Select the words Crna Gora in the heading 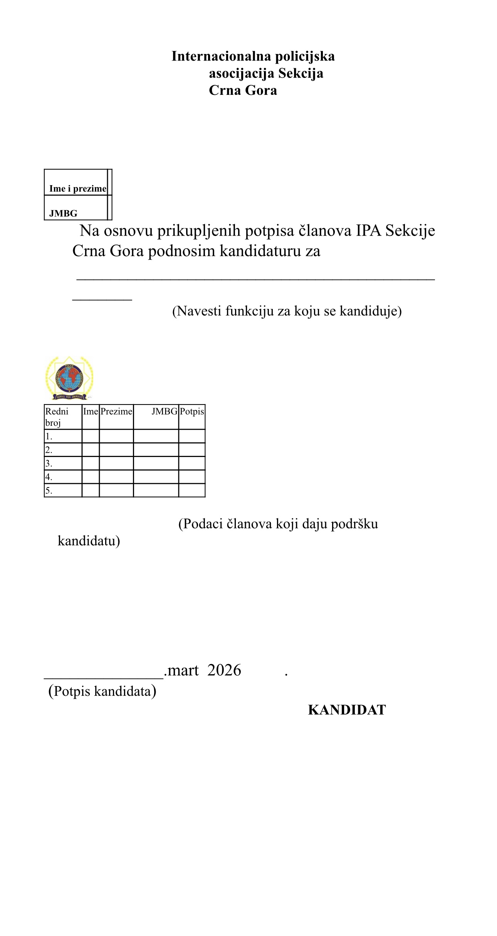click(x=243, y=90)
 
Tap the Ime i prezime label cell click(x=77, y=189)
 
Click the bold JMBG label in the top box click(x=63, y=213)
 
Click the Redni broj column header click(x=57, y=417)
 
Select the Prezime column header click(x=116, y=412)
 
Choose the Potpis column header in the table click(x=192, y=412)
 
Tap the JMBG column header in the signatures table click(x=165, y=412)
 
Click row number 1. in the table click(x=49, y=437)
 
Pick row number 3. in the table click(x=49, y=464)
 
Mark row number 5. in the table click(x=49, y=491)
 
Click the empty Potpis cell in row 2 click(x=192, y=450)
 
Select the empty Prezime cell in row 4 click(x=116, y=477)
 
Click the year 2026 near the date click(x=224, y=670)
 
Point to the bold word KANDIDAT click(x=347, y=710)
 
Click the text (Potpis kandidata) click(x=102, y=691)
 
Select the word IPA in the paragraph click(x=368, y=231)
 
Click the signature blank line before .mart click(x=104, y=676)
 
